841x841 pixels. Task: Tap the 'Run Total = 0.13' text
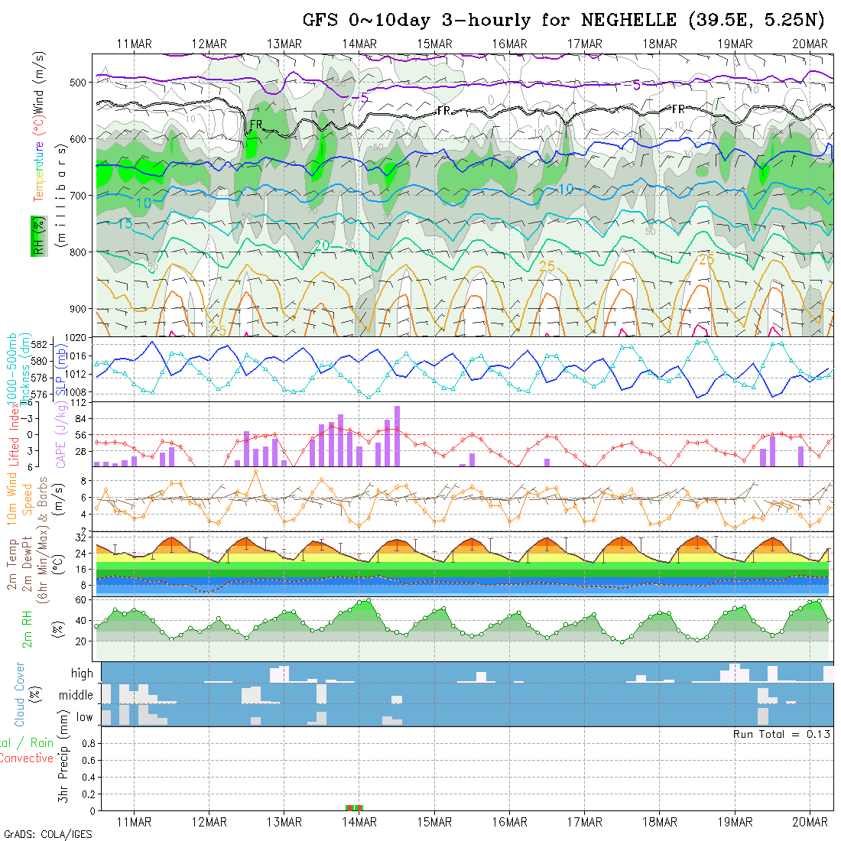(x=781, y=734)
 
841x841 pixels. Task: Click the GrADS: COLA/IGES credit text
(x=48, y=834)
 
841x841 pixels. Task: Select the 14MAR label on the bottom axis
(x=359, y=822)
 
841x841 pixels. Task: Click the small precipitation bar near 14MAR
(x=355, y=807)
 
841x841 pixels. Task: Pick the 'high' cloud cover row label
(x=82, y=674)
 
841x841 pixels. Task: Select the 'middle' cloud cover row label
(x=76, y=696)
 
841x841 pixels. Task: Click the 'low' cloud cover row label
(x=84, y=717)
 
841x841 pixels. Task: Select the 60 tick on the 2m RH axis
(x=79, y=600)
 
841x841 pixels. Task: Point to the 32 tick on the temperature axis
(x=80, y=537)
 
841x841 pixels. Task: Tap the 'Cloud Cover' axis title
(x=20, y=694)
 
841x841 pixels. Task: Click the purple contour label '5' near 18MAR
(x=637, y=85)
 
